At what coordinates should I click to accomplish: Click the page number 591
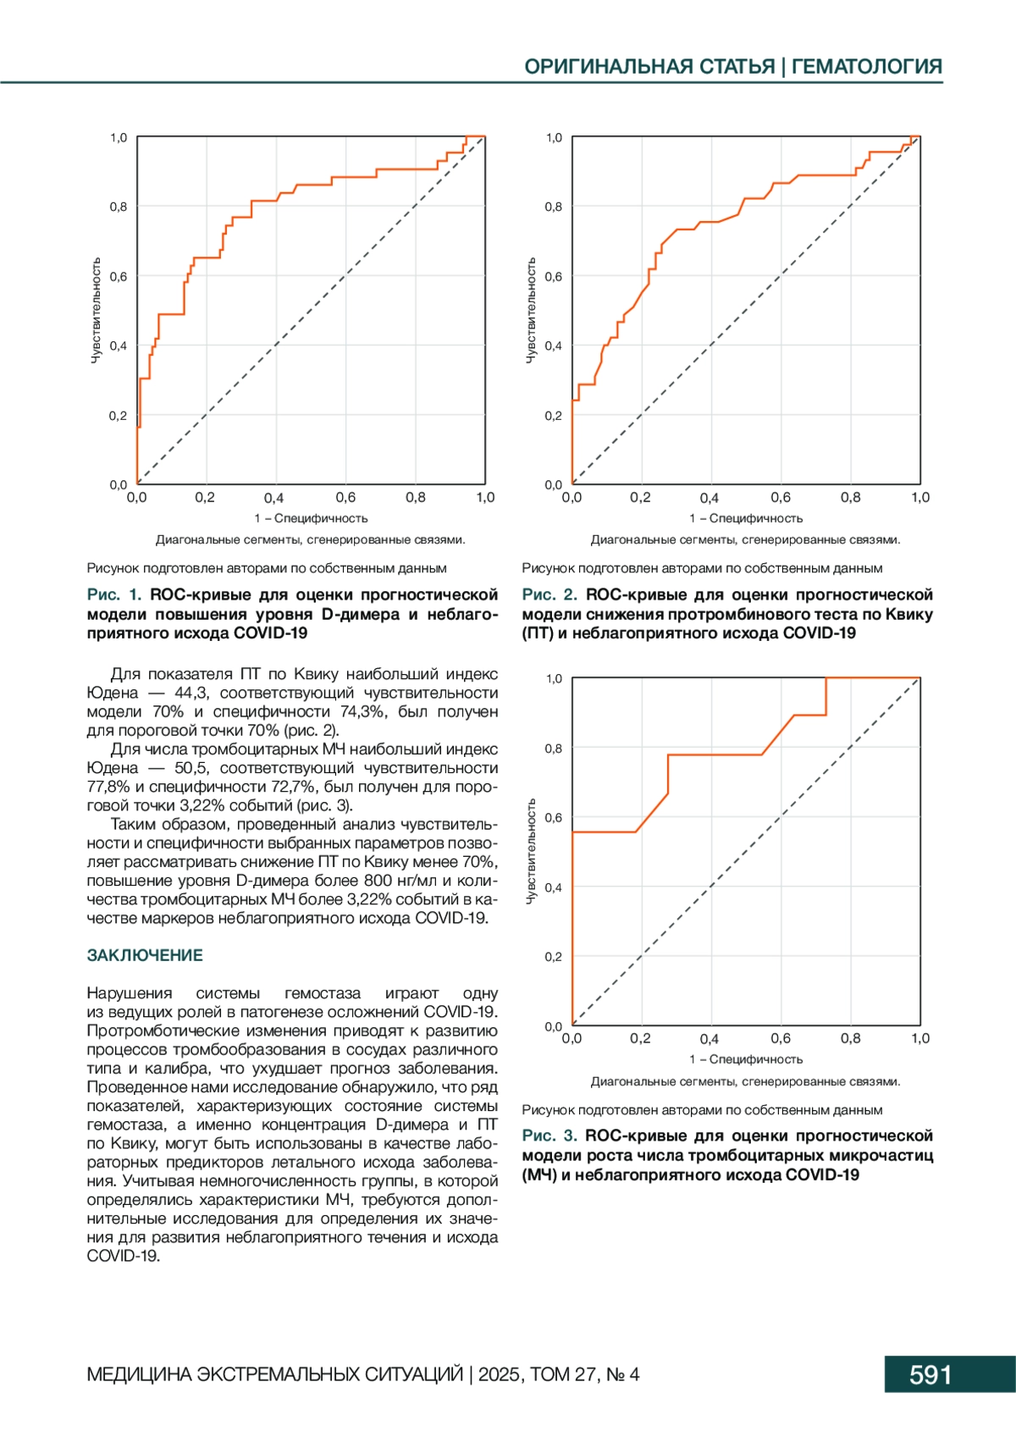930,1374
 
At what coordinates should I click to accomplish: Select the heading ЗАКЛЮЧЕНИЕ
145,955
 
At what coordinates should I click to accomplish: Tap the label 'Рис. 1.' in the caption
114,594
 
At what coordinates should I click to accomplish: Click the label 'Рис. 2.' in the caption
549,594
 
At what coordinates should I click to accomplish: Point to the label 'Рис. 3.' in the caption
549,1136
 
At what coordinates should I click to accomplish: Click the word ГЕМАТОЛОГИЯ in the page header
867,66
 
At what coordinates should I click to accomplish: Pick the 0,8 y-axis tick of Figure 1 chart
119,207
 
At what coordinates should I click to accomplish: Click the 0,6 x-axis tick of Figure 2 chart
781,498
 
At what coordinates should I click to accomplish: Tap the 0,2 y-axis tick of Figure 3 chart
553,957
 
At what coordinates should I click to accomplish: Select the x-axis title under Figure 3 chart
746,1059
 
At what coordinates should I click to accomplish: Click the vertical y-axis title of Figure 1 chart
96,311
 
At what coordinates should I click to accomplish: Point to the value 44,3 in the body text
190,693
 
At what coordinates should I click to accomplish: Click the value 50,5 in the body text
191,768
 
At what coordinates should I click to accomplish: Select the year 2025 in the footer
500,1374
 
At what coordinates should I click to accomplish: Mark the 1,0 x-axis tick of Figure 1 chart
485,498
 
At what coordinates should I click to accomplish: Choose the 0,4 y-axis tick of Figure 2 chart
553,345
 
